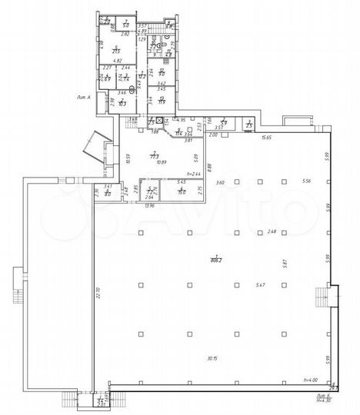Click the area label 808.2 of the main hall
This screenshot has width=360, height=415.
click(x=217, y=261)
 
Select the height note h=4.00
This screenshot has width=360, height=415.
click(x=311, y=380)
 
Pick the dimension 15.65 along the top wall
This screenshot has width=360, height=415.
click(x=267, y=138)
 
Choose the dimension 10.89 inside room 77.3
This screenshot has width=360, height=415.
click(x=161, y=161)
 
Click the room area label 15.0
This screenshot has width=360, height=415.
click(x=181, y=191)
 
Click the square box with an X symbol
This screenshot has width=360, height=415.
click(x=159, y=121)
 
